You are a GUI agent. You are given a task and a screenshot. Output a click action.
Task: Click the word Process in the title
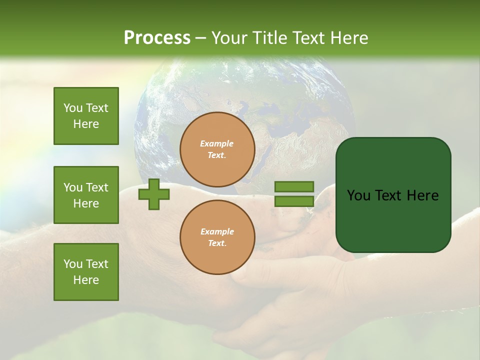coord(157,38)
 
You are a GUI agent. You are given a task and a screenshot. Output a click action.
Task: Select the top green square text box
coord(86,116)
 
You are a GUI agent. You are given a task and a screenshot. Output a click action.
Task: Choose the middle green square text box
coord(86,195)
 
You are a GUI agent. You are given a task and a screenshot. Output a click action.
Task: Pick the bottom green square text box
coord(86,272)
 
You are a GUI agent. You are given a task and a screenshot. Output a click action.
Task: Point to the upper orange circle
coord(217,149)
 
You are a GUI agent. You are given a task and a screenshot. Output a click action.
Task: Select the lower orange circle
coord(217,237)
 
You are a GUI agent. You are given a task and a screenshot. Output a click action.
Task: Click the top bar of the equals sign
coord(294,187)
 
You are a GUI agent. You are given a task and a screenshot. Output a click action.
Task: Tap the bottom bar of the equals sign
coord(294,201)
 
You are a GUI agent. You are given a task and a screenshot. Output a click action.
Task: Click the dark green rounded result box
coord(393,195)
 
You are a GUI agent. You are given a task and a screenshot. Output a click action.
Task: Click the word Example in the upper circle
coord(216,143)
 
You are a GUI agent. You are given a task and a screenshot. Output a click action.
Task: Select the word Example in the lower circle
coord(217,231)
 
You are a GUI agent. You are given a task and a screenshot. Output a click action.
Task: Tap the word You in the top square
coord(73,108)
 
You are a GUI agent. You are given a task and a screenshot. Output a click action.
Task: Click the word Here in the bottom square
coord(86,280)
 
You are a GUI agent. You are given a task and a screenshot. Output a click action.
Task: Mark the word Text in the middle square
coord(96,187)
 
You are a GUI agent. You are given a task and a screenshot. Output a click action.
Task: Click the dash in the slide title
coord(201,38)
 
